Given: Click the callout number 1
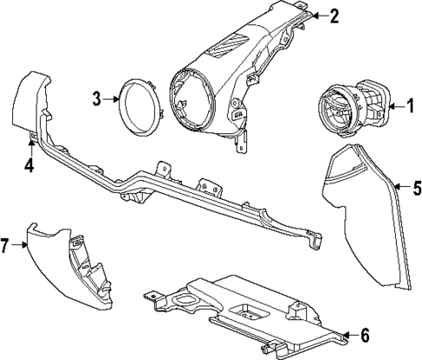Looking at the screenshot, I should coord(403,107).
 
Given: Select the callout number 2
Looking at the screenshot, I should coord(334,15).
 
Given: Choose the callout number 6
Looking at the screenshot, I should coord(365,334).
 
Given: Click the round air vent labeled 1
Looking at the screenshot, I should coord(340,108).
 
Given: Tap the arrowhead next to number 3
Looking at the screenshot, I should coord(118,99).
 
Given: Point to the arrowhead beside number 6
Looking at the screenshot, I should coord(345,334).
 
